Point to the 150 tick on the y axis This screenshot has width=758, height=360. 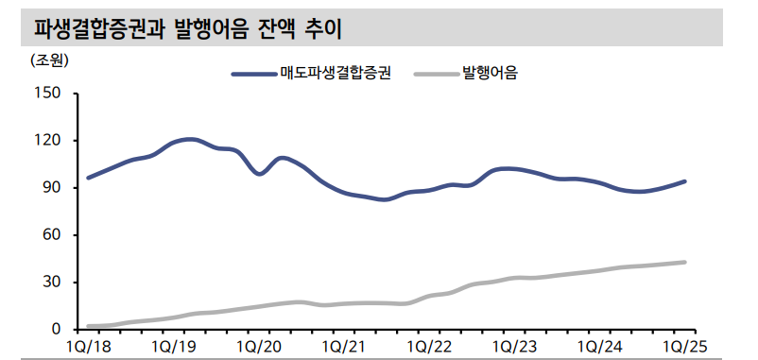48,94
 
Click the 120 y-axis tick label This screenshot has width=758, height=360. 48,141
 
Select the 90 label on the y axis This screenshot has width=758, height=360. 52,188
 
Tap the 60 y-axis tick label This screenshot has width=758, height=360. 52,235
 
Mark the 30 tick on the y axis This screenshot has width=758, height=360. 52,283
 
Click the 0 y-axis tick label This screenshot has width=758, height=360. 57,330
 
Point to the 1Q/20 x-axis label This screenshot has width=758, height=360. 257,347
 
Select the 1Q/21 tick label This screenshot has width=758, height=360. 342,347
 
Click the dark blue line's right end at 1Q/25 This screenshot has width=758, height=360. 684,181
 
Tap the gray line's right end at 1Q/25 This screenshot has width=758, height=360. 684,263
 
